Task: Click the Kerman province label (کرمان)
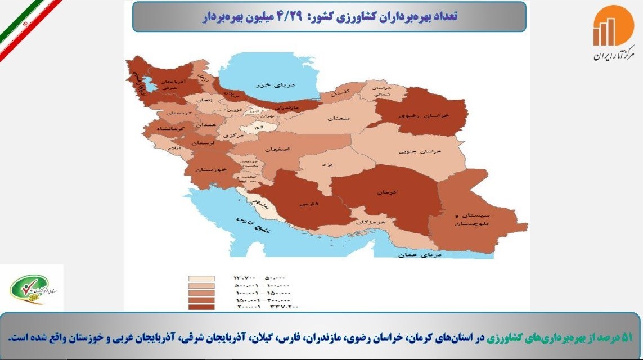point(388,192)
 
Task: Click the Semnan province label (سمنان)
point(341,119)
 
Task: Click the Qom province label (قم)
point(259,128)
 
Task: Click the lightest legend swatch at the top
point(202,278)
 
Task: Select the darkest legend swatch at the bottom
point(202,307)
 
